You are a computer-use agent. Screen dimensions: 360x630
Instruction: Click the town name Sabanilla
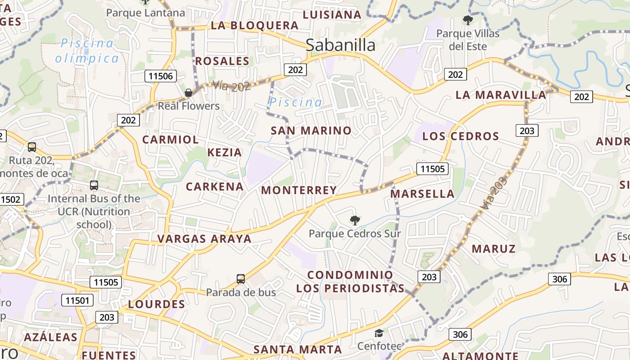click(340, 45)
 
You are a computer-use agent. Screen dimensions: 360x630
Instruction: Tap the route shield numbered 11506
click(161, 76)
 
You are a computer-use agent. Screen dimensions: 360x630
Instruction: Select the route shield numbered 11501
click(79, 301)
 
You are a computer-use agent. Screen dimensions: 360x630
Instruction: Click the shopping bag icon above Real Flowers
click(189, 93)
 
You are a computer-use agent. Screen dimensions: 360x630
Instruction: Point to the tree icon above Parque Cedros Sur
click(355, 220)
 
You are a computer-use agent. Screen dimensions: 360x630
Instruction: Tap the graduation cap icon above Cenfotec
click(379, 333)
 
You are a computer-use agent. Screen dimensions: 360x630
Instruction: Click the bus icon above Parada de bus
click(241, 279)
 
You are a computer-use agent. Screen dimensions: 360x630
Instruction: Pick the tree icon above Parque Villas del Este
click(468, 20)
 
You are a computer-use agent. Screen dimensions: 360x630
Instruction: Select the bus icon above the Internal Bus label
click(94, 185)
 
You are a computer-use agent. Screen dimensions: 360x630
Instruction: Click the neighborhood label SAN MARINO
click(311, 130)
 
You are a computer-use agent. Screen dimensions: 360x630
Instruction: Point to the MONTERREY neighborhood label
click(299, 190)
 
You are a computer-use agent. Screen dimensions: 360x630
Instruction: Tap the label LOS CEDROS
click(461, 136)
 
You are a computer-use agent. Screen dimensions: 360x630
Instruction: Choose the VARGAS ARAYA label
click(204, 238)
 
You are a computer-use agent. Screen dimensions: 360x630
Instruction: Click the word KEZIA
click(225, 152)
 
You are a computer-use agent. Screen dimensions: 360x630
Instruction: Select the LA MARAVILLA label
click(501, 95)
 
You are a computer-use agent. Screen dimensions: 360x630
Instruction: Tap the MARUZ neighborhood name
click(494, 248)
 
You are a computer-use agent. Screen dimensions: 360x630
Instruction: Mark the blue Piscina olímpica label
click(87, 50)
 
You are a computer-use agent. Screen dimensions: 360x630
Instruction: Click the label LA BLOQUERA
click(255, 25)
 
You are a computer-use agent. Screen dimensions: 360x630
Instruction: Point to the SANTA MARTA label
click(297, 349)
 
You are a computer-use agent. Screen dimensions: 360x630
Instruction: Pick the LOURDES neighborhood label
click(157, 304)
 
